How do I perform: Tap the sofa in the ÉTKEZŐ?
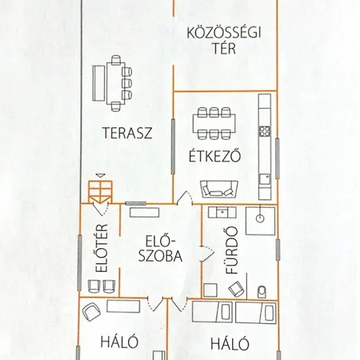pyautogui.click(x=218, y=190)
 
